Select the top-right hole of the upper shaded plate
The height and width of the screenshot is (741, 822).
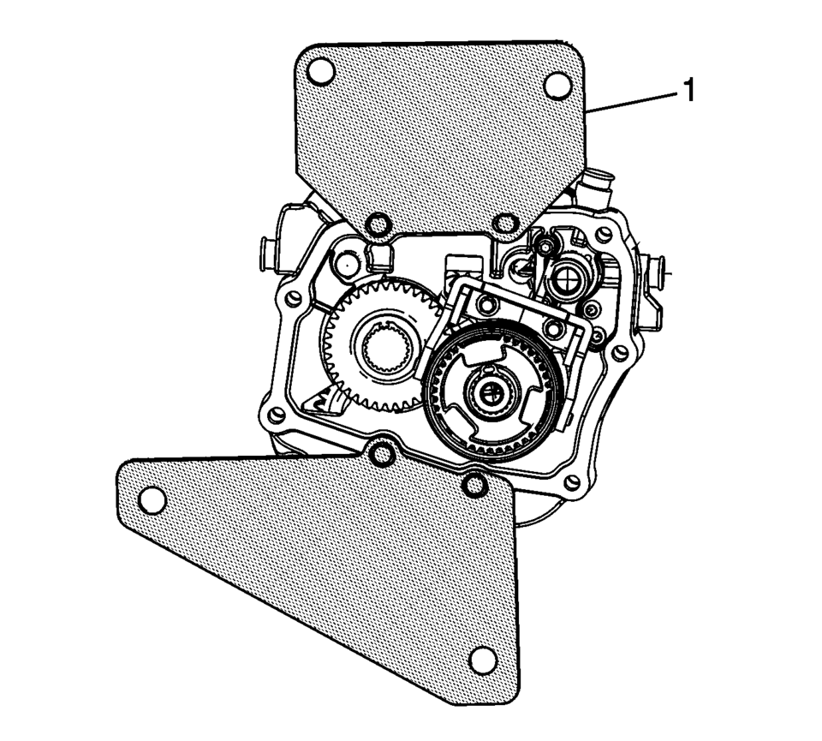pyautogui.click(x=557, y=84)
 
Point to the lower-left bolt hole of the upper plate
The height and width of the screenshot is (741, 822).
pyautogui.click(x=376, y=225)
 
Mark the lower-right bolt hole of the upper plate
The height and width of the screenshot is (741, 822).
pyautogui.click(x=505, y=226)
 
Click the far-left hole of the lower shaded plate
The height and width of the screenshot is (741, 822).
pyautogui.click(x=152, y=499)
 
